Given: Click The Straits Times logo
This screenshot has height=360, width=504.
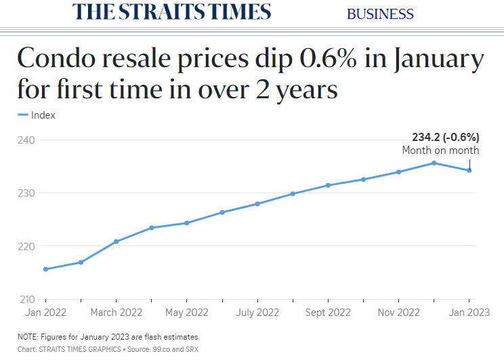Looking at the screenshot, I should coord(171,12).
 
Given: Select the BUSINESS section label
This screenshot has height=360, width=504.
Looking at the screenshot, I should coord(380,14).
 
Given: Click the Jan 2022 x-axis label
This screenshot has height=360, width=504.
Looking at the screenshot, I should coord(45,313).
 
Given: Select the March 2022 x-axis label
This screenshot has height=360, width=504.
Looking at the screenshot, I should coord(117,313).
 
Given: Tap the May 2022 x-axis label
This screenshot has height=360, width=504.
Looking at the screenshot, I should coord(187,313).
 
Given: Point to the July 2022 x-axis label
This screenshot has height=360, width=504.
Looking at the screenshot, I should coord(257,313).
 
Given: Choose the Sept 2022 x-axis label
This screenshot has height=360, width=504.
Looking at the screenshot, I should coord(328,313).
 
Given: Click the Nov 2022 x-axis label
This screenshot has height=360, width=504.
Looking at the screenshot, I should coord(398,313).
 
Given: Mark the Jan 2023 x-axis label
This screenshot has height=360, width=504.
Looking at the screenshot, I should coord(469,313).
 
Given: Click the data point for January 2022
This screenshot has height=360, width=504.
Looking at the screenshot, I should coord(45,269).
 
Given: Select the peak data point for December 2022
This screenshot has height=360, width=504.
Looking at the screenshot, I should coord(434,163).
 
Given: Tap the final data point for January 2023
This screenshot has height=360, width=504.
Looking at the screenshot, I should coord(469,170).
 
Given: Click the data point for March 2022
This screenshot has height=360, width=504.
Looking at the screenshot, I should coord(117,241).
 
